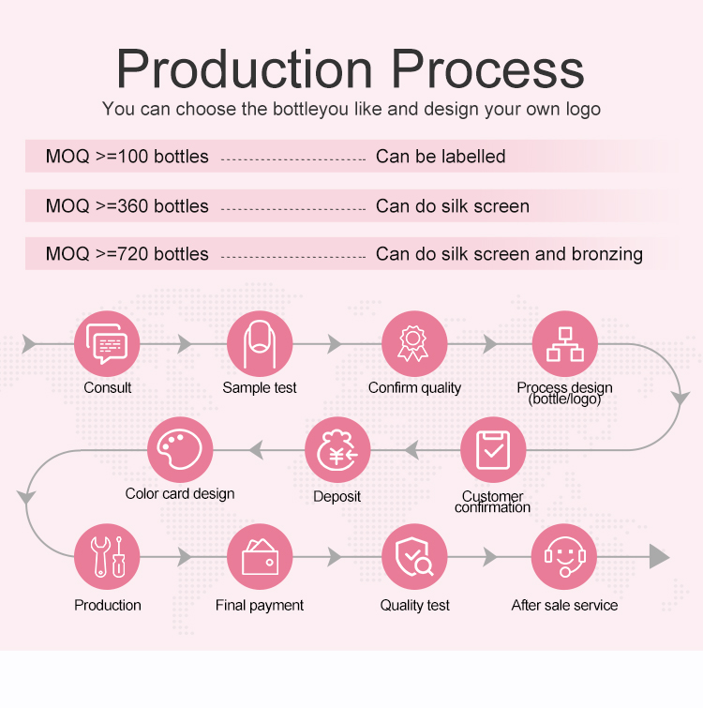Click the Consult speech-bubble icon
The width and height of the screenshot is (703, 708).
(x=107, y=344)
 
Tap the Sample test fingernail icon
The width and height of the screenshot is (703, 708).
(x=260, y=344)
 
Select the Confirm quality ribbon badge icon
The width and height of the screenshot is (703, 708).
(x=413, y=344)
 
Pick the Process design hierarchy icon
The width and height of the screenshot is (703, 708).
(x=564, y=344)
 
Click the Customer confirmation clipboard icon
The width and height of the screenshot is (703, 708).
(x=493, y=450)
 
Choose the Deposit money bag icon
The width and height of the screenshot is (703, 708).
(x=337, y=450)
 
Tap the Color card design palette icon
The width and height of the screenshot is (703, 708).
(x=180, y=450)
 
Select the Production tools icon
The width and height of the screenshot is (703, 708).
(x=107, y=556)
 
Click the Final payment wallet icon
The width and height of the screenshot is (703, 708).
(x=260, y=556)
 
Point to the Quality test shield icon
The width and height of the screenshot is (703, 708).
(x=413, y=556)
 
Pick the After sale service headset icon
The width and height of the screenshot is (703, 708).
(x=564, y=556)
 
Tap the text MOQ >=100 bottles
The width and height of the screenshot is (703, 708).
(x=127, y=157)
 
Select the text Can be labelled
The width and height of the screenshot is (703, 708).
(x=441, y=157)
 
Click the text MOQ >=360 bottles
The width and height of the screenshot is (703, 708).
(x=127, y=206)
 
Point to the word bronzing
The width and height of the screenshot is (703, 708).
(x=605, y=254)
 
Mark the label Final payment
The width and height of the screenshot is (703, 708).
(x=260, y=606)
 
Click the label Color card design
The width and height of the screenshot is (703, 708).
(x=180, y=493)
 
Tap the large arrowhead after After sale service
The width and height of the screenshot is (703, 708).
(x=660, y=557)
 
